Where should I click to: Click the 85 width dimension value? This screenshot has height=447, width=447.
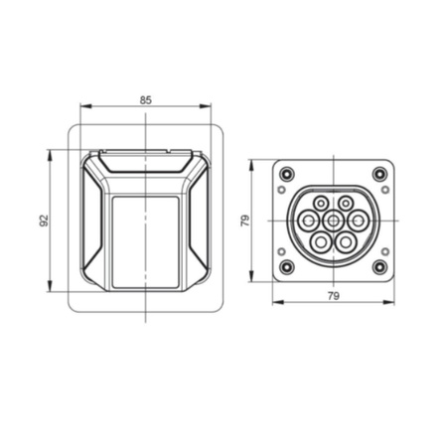click(146, 99)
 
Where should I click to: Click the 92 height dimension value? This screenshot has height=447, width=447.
click(44, 221)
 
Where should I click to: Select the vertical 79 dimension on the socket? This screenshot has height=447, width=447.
click(244, 221)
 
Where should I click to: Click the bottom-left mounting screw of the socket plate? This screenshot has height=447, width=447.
click(287, 267)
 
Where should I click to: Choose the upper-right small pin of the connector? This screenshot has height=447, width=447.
click(345, 203)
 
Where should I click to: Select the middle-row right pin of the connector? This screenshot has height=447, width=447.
click(357, 221)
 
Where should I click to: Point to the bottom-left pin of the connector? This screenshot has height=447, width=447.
click(321, 240)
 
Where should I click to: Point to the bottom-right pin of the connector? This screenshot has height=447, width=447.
click(345, 240)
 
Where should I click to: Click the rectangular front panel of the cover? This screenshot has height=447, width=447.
click(146, 241)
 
